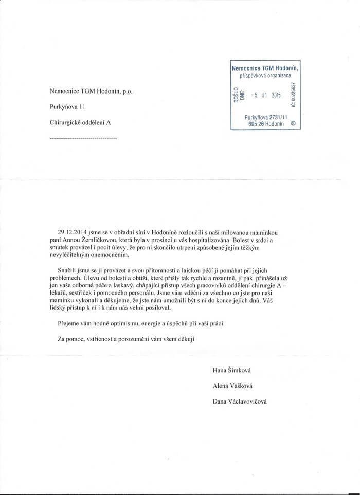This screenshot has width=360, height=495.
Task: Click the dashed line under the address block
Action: (x=83, y=139)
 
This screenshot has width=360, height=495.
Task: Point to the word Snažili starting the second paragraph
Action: (x=69, y=270)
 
